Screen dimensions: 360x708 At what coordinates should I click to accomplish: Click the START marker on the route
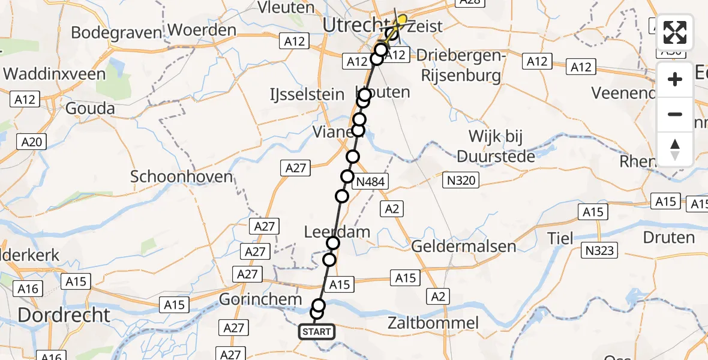(x=316, y=332)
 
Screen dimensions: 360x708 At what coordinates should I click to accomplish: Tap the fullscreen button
(x=675, y=32)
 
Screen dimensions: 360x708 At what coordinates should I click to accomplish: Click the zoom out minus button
(x=675, y=114)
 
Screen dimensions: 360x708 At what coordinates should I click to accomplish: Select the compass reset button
(x=675, y=149)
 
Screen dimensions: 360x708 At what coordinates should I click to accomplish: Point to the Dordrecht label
(x=64, y=314)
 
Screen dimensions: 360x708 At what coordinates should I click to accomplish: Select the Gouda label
(x=91, y=109)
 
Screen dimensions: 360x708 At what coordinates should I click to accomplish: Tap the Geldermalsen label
(x=464, y=246)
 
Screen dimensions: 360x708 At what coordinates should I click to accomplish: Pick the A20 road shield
(x=32, y=142)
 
